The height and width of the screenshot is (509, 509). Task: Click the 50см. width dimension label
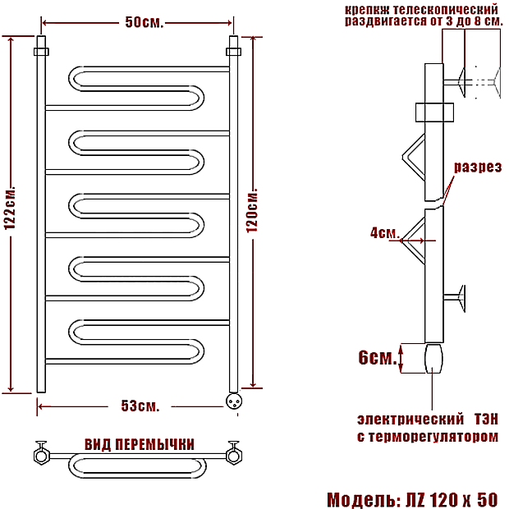(x=144, y=22)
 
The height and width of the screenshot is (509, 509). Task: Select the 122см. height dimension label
(x=10, y=208)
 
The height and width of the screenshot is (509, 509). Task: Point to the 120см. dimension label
(x=252, y=210)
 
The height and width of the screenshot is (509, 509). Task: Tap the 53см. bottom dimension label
(x=140, y=406)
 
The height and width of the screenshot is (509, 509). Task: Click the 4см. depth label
(x=383, y=233)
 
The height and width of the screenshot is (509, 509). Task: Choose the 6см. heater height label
(x=378, y=357)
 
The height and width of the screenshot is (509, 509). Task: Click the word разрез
(x=478, y=167)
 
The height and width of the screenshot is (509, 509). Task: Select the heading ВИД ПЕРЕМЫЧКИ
(x=140, y=444)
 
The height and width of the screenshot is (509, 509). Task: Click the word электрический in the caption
(x=410, y=419)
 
